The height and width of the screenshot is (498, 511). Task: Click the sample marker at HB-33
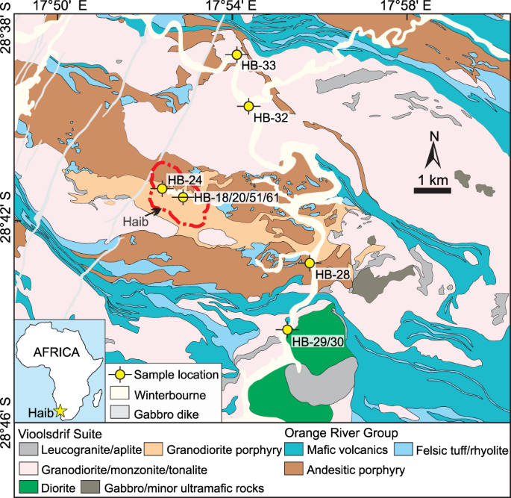click(237, 55)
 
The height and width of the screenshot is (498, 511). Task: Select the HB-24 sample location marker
click(162, 189)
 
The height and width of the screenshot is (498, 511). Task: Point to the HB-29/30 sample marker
click(286, 330)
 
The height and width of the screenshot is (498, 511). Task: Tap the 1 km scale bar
click(432, 190)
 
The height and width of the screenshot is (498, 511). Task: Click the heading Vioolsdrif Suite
click(60, 433)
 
